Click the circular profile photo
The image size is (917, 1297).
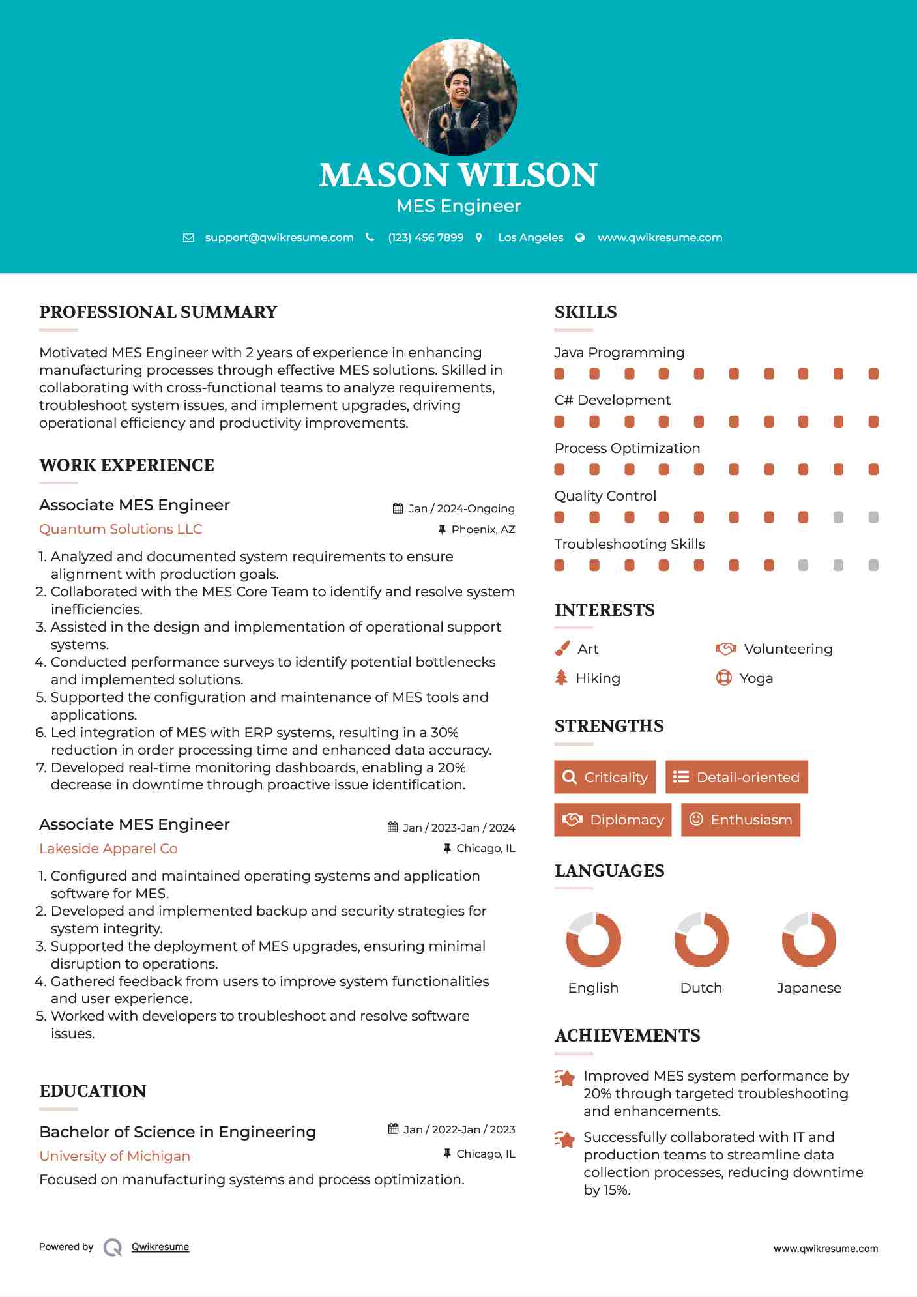[458, 97]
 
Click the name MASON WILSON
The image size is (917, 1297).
[458, 175]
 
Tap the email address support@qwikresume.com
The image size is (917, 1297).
[279, 238]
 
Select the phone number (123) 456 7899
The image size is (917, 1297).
[426, 238]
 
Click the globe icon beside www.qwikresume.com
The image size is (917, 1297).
[580, 238]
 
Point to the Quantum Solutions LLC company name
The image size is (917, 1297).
[121, 529]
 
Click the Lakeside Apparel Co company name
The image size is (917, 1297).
[108, 849]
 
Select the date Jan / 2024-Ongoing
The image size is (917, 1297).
[461, 509]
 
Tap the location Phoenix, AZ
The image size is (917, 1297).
[483, 530]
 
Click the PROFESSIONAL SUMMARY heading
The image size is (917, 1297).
[158, 312]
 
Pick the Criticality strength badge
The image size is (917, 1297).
[605, 777]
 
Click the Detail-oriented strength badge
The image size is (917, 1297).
[736, 777]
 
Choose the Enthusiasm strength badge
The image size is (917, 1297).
[740, 820]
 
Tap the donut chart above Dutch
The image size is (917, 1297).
[701, 940]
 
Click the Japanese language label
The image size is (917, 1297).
[809, 988]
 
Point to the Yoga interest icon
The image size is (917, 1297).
[723, 678]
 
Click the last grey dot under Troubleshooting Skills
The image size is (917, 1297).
[873, 565]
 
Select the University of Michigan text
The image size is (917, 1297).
[115, 1156]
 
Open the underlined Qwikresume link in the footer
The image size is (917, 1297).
[160, 1247]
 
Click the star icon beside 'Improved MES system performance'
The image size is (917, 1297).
[564, 1078]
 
